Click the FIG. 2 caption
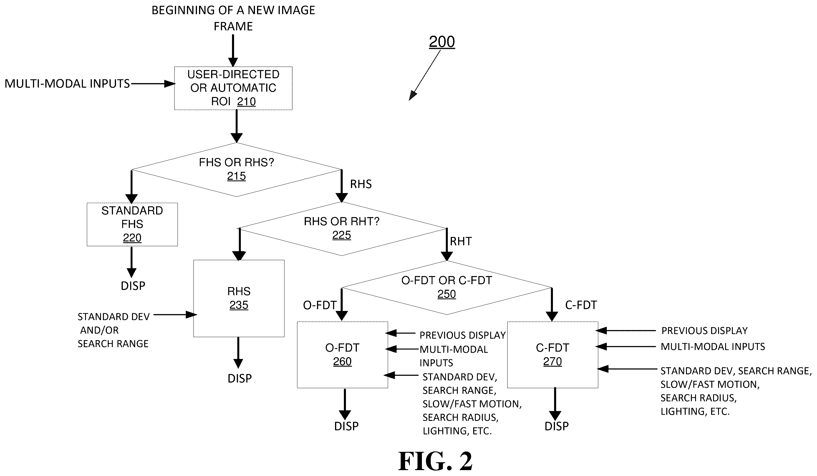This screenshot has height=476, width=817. point(435,461)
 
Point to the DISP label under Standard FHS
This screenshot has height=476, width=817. point(133,286)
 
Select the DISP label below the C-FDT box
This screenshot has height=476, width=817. point(556,426)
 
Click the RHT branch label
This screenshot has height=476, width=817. point(461,241)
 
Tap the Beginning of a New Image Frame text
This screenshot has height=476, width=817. point(233,18)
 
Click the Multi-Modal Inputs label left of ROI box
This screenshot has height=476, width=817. point(67,84)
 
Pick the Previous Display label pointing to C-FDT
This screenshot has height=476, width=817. point(704,331)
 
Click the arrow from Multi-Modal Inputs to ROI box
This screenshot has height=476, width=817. point(153,84)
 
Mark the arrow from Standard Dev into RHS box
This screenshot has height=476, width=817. point(175,314)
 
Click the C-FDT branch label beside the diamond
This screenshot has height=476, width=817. point(581,305)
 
